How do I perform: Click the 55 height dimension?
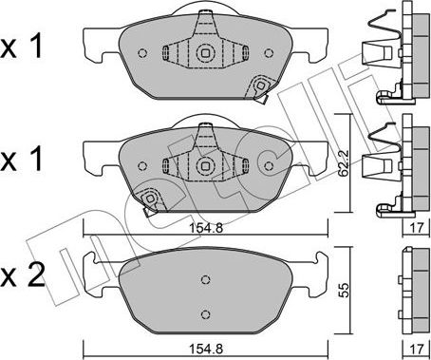point(345,290)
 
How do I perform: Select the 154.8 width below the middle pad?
point(206,228)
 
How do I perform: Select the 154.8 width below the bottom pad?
point(206,349)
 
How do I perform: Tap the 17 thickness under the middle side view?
point(417,228)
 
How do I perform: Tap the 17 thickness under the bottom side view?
point(417,349)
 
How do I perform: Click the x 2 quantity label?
point(22,276)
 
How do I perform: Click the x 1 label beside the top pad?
point(21,47)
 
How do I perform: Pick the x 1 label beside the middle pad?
point(21,160)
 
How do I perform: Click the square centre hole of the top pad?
point(205,53)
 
